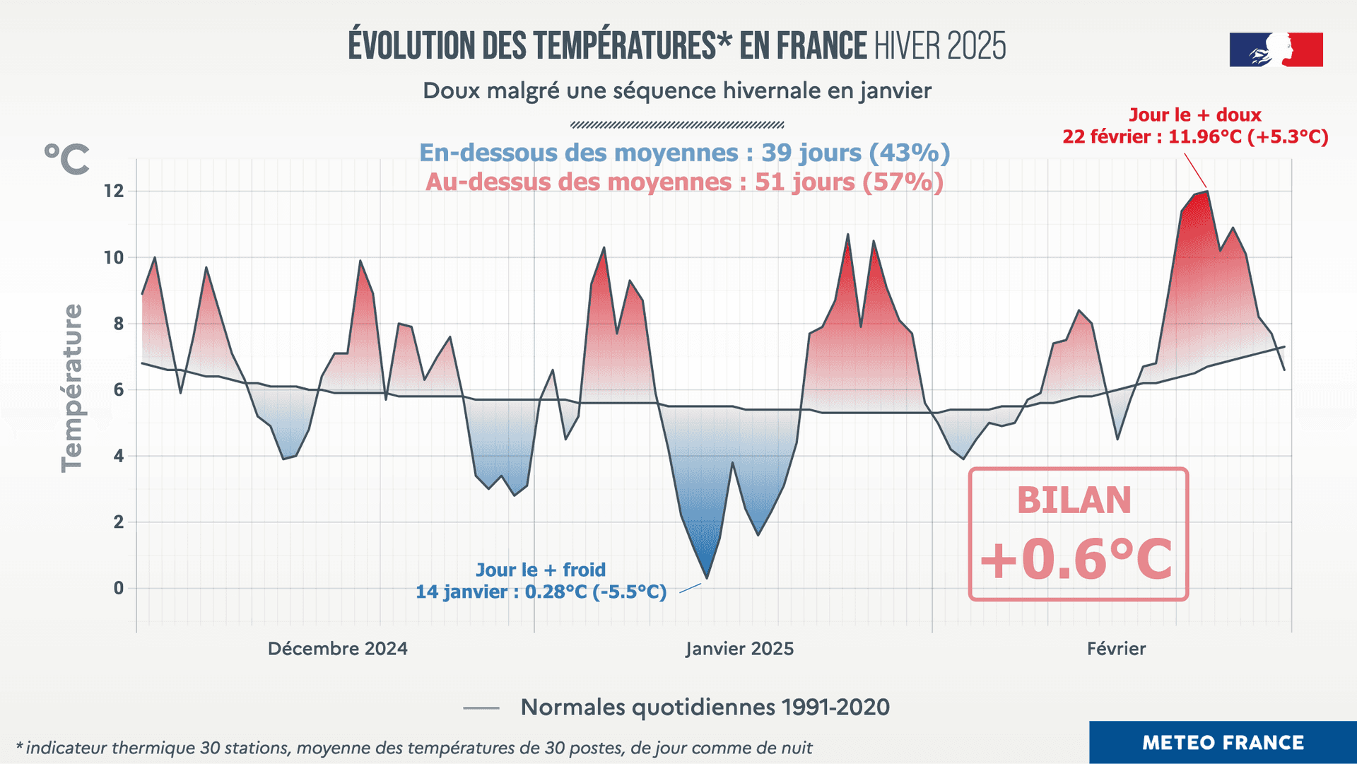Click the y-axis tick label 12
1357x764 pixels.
point(114,191)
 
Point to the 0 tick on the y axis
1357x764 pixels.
point(119,588)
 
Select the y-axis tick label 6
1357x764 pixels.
point(119,389)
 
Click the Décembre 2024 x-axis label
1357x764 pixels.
point(338,649)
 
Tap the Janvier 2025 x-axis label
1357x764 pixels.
point(739,649)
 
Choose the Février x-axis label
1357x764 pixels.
point(1116,649)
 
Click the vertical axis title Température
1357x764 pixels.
point(72,388)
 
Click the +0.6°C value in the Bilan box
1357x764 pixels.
point(1076,559)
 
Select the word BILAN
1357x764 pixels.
point(1074,500)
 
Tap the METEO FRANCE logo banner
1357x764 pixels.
point(1223,742)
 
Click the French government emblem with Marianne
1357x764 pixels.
point(1276,49)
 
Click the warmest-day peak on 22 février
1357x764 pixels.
point(1207,192)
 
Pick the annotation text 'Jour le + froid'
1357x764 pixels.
point(541,570)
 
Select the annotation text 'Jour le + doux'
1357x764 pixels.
point(1194,114)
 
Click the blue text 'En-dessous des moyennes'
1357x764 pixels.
point(579,153)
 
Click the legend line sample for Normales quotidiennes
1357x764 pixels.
point(481,707)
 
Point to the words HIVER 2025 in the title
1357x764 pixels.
point(940,47)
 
